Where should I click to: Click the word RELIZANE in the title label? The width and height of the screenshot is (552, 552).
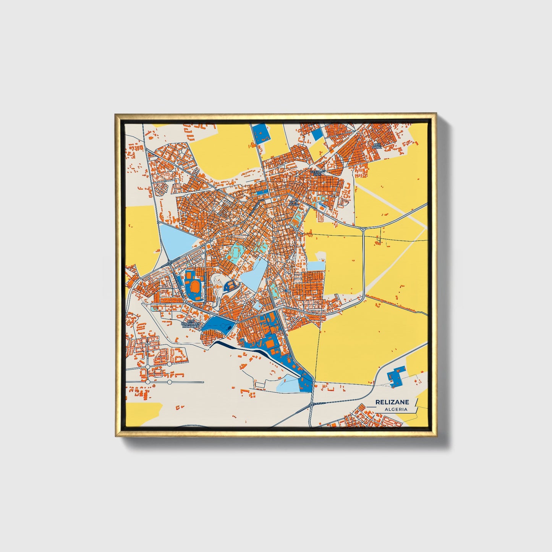pyautogui.click(x=392, y=402)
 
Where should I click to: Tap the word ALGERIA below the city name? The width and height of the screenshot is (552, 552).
pyautogui.click(x=396, y=409)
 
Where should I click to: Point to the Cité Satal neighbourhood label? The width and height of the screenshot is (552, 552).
pyautogui.click(x=377, y=146)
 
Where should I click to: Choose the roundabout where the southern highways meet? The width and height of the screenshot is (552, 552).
pyautogui.click(x=312, y=404)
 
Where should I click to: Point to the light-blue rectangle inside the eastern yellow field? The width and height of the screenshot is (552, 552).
pyautogui.click(x=316, y=266)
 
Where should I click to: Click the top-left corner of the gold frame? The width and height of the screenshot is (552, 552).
pyautogui.click(x=116, y=115)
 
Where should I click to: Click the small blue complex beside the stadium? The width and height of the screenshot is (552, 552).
pyautogui.click(x=230, y=285)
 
